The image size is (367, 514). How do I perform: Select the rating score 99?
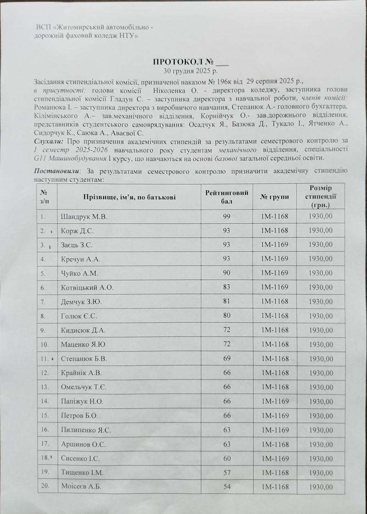point(227,216)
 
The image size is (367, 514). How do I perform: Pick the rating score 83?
point(227,288)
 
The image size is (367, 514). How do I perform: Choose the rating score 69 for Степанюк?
point(227,358)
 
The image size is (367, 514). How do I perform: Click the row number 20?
point(45,487)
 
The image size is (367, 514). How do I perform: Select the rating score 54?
point(227,487)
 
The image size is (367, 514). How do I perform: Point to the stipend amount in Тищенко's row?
point(321,472)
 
